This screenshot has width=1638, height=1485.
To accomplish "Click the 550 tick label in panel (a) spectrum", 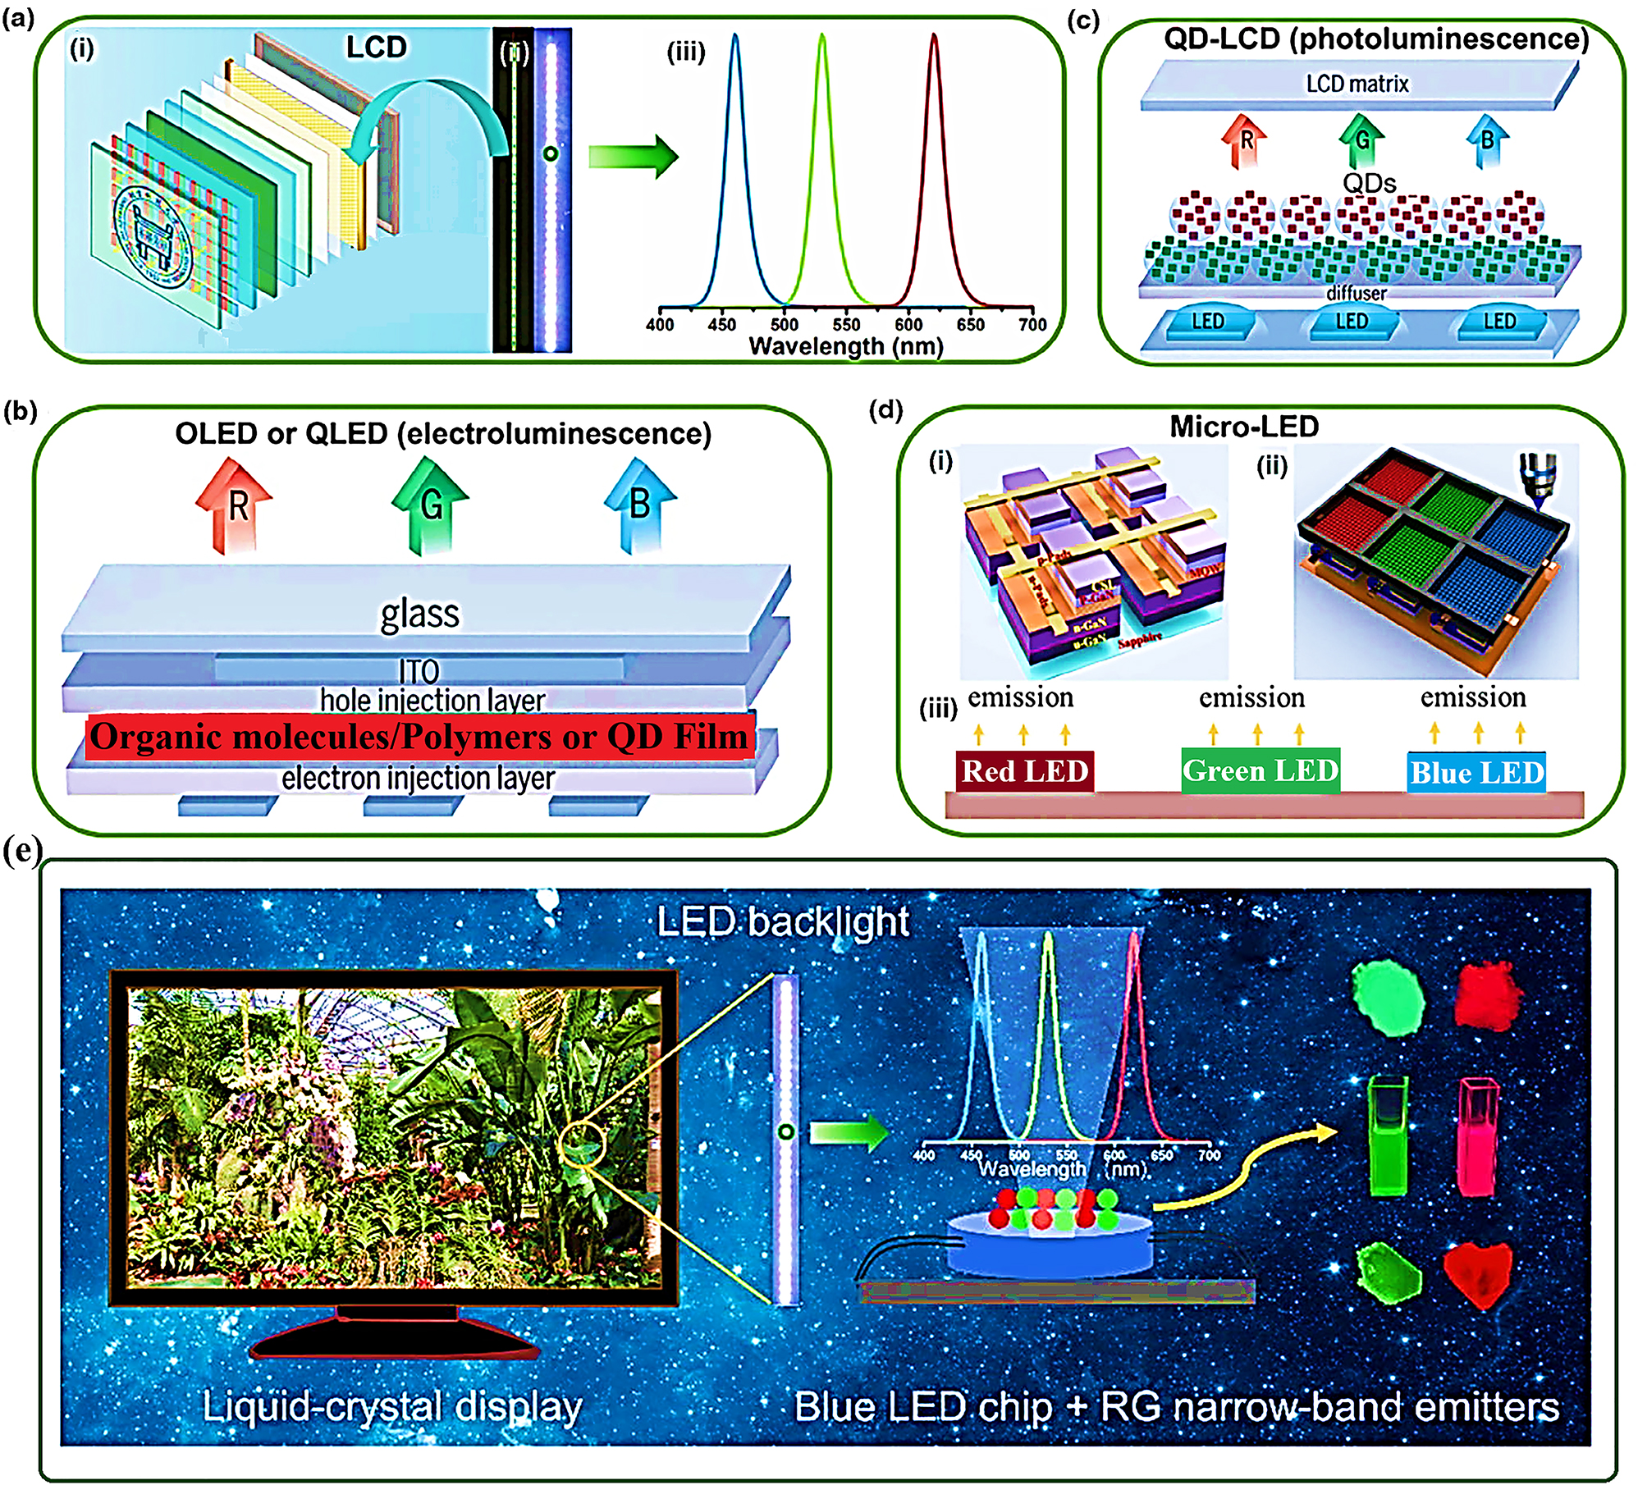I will tap(846, 324).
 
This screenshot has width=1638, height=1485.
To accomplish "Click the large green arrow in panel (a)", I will tap(633, 155).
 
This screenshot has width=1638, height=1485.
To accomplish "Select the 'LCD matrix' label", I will tap(1357, 84).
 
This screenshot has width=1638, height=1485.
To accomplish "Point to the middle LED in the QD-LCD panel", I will tap(1352, 322).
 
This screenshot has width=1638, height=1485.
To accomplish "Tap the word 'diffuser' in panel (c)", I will tap(1356, 293).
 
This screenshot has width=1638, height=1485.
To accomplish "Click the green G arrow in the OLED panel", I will tap(430, 505).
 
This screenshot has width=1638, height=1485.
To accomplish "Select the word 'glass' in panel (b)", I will tap(419, 614).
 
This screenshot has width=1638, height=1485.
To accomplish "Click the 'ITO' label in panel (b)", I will tap(419, 671).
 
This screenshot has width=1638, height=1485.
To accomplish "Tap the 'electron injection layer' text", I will tap(418, 778).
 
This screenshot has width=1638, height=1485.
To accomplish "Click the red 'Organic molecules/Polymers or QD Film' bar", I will tap(419, 736).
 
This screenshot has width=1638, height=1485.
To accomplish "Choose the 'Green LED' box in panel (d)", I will tap(1261, 770).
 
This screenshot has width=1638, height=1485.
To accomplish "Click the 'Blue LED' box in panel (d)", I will tap(1476, 772).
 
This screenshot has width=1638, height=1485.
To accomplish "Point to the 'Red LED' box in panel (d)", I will tap(1024, 771).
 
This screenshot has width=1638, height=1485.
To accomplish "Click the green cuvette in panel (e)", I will tap(1389, 1137).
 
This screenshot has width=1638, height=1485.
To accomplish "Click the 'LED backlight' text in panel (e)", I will tap(782, 921).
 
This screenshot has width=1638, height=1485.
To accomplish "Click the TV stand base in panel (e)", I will tap(394, 1343).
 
